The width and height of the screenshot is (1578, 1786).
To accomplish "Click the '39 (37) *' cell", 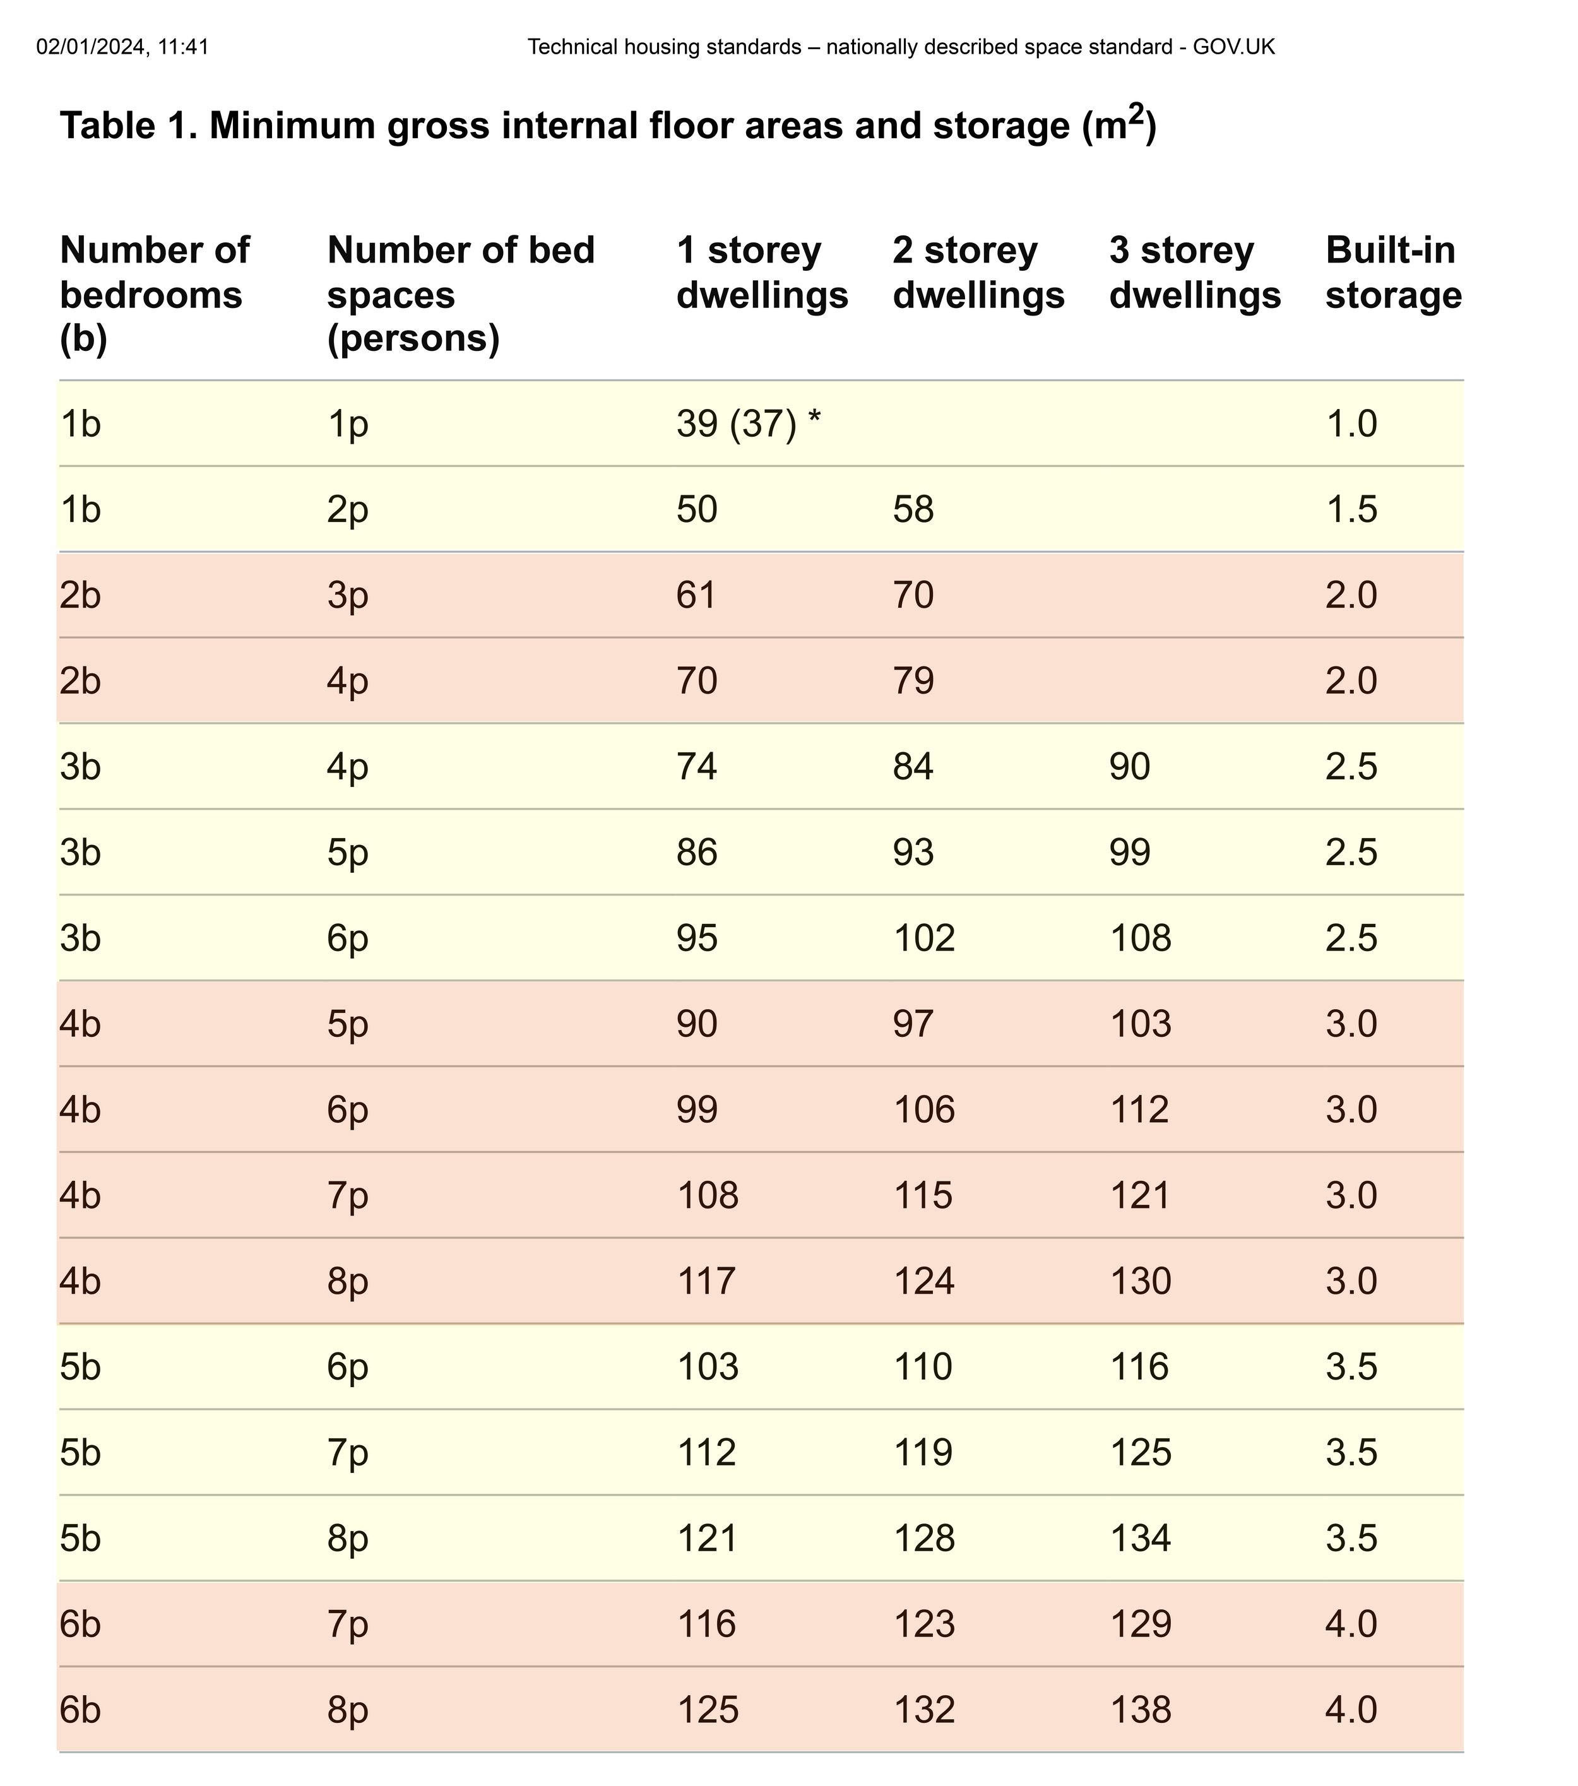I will click(x=749, y=425).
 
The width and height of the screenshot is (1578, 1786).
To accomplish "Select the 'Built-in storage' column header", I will click(x=1393, y=273).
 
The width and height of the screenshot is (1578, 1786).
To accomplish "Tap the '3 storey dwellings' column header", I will click(x=1194, y=273).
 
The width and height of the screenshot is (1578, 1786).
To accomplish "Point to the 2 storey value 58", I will click(x=913, y=509).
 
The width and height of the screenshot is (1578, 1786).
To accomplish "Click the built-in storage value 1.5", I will click(x=1351, y=509).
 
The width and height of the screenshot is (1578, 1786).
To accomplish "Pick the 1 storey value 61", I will click(x=696, y=595).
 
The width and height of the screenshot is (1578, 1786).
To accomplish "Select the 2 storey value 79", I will click(x=913, y=681).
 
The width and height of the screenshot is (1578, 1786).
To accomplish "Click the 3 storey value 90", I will click(x=1130, y=766).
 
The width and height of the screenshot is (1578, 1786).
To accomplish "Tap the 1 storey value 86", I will click(x=696, y=852).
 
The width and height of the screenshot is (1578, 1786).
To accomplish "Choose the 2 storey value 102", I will click(x=923, y=938).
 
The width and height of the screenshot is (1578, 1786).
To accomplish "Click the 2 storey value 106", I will click(x=923, y=1109).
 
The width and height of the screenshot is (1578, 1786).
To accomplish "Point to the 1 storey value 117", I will click(x=707, y=1281).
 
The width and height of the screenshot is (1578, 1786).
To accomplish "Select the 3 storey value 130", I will click(x=1140, y=1281).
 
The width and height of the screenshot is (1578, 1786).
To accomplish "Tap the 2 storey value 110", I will click(x=923, y=1366).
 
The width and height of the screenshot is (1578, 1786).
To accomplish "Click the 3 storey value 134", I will click(x=1140, y=1538).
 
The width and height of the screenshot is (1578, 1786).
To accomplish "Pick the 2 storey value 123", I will click(x=923, y=1623).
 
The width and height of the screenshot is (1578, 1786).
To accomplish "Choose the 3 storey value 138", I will click(x=1140, y=1709).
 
